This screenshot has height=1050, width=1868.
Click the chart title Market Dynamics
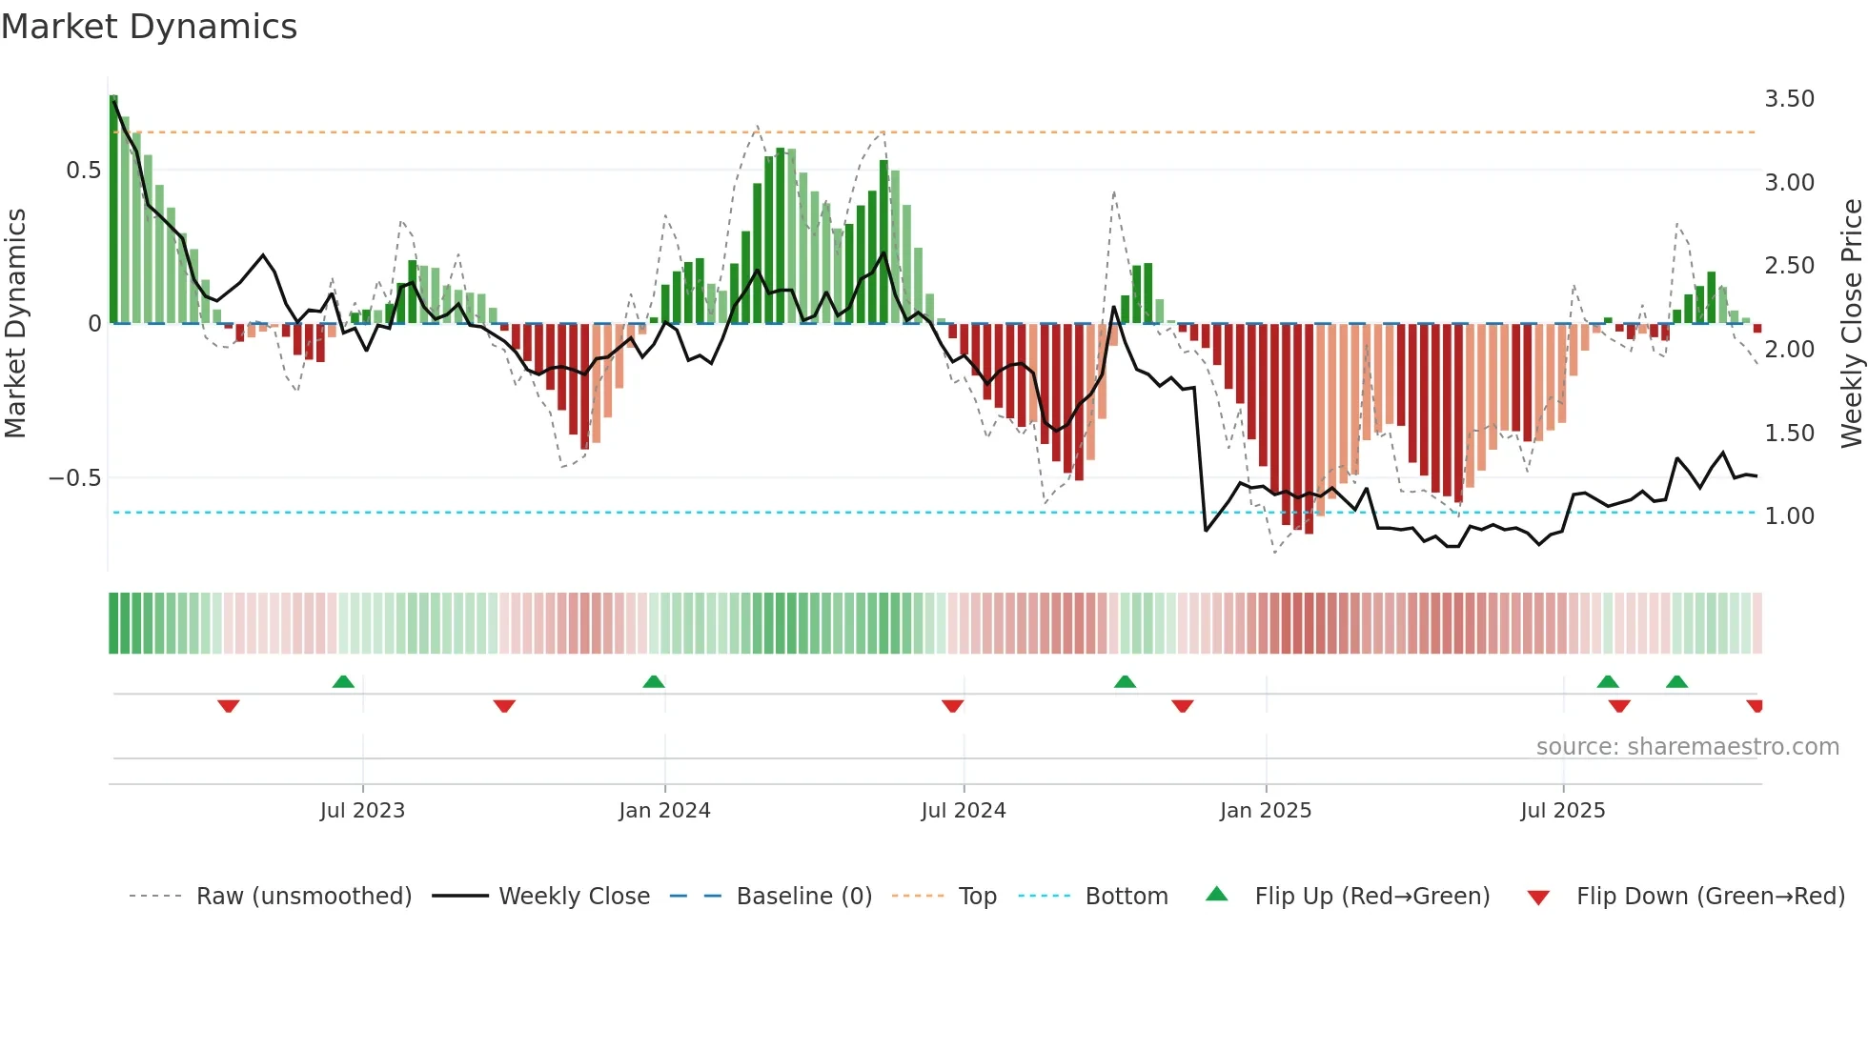(149, 27)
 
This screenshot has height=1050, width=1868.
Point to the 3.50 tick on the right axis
(1789, 99)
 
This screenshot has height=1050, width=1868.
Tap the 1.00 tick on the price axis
(1789, 516)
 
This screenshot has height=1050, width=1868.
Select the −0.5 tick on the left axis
(74, 478)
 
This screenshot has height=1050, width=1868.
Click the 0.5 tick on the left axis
(83, 171)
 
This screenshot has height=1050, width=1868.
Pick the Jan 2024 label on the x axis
(664, 811)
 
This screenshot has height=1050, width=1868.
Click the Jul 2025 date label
(1562, 811)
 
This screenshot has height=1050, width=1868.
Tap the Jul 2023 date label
(362, 811)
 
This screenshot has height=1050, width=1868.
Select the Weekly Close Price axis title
(1851, 324)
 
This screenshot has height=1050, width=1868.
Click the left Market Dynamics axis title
(15, 324)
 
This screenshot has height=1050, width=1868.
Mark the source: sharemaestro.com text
(1687, 747)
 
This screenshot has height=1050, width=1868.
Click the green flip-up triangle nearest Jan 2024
(653, 682)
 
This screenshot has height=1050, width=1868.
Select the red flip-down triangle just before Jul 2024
(952, 706)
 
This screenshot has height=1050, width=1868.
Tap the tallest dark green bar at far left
(113, 210)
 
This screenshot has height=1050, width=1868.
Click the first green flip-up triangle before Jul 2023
(343, 682)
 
